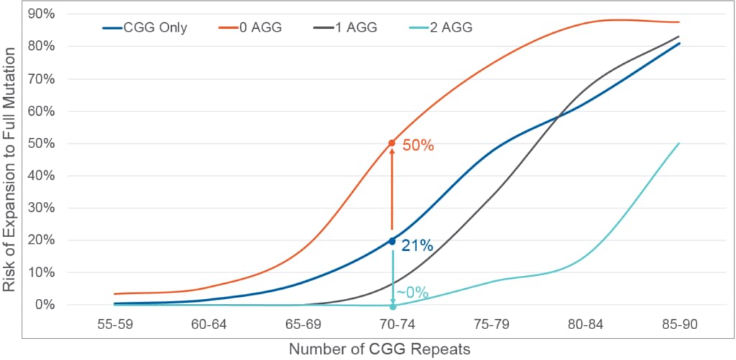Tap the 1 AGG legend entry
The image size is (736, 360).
(351, 28)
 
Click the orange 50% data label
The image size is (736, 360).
(418, 145)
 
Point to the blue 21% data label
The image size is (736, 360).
(417, 246)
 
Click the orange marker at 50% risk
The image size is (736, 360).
(392, 143)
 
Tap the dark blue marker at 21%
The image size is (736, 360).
(392, 241)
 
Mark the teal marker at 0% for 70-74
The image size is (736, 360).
(392, 307)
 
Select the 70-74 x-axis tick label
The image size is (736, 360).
(392, 324)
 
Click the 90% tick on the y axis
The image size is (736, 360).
(42, 14)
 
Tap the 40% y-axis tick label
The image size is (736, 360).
(42, 175)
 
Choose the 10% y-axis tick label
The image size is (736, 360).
(42, 272)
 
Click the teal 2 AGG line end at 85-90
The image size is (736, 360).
(678, 143)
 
